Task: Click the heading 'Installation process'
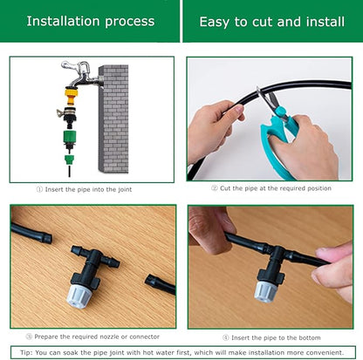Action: point(90,21)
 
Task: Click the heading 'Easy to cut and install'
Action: point(271,21)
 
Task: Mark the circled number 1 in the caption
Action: point(38,188)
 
